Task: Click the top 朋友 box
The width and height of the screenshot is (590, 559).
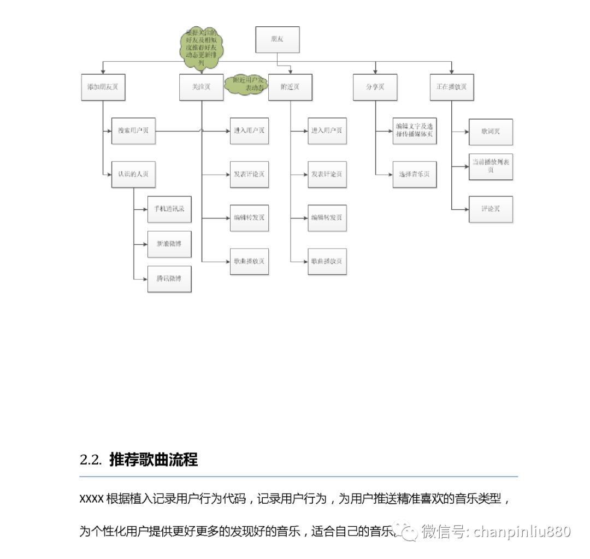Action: click(278, 40)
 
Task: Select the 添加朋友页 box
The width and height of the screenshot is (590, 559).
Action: click(103, 87)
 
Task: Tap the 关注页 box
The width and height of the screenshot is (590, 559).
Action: click(201, 87)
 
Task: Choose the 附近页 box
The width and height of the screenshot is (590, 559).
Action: click(290, 87)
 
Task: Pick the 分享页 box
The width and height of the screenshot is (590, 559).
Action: click(375, 87)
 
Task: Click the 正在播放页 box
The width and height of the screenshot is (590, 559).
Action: click(451, 87)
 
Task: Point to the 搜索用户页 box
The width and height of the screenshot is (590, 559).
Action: click(133, 131)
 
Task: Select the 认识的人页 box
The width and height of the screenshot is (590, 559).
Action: click(133, 174)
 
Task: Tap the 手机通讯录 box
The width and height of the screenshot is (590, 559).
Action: click(169, 209)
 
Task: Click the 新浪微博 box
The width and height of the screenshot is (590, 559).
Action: click(169, 244)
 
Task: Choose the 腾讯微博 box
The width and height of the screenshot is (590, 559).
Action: click(169, 279)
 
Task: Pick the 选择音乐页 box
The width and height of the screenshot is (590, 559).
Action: click(414, 174)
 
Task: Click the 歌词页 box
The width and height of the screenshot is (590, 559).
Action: click(491, 132)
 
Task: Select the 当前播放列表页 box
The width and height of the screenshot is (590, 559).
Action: click(491, 167)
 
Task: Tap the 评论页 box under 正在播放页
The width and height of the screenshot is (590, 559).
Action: click(491, 209)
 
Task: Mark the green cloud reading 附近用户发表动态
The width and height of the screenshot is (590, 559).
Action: click(247, 84)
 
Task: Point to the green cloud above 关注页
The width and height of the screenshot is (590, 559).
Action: click(201, 49)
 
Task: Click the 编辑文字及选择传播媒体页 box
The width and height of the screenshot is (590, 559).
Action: click(414, 131)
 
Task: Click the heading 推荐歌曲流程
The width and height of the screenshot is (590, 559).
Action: click(154, 460)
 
